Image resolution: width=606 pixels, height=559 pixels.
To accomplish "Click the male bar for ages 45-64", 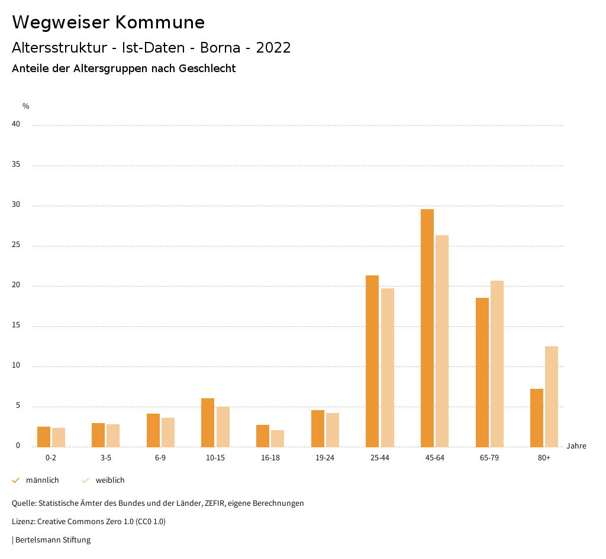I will pyautogui.click(x=427, y=328).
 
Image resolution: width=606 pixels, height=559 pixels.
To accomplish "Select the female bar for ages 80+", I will pyautogui.click(x=551, y=396).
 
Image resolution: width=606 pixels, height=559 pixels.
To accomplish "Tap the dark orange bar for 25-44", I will pyautogui.click(x=372, y=361).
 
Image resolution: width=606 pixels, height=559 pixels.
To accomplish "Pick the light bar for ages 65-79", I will pyautogui.click(x=497, y=363).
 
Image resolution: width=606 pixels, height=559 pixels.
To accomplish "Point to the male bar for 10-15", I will pyautogui.click(x=208, y=422).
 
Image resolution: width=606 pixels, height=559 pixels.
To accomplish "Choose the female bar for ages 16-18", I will pyautogui.click(x=277, y=438).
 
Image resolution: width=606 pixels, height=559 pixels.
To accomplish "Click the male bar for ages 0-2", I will pyautogui.click(x=44, y=437).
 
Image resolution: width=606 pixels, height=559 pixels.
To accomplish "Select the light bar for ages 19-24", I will pyautogui.click(x=332, y=430).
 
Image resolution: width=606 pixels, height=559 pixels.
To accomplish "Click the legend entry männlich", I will pyautogui.click(x=42, y=480).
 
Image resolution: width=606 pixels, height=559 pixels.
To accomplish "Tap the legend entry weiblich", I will pyautogui.click(x=110, y=480).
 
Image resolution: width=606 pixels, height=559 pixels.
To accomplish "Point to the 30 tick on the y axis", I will pyautogui.click(x=16, y=205).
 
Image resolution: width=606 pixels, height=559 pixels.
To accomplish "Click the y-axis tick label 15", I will pyautogui.click(x=16, y=326).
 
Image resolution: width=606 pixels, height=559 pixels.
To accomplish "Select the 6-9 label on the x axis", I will pyautogui.click(x=160, y=458).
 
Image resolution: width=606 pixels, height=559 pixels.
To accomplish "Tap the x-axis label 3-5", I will pyautogui.click(x=105, y=458).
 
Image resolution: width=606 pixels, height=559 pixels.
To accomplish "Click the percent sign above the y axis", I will pyautogui.click(x=26, y=106).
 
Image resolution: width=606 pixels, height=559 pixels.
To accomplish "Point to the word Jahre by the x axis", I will pyautogui.click(x=576, y=446).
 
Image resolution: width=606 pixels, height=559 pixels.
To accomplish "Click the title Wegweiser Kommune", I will pyautogui.click(x=108, y=22).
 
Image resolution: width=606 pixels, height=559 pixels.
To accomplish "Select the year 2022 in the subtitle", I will pyautogui.click(x=273, y=48).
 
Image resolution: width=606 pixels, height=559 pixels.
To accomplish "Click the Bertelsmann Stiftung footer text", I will pyautogui.click(x=53, y=540).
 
